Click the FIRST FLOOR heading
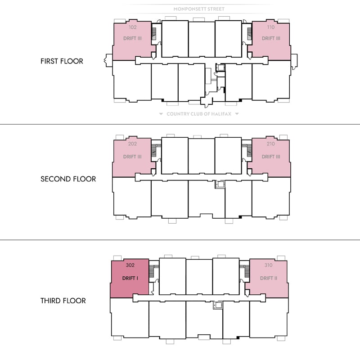[62, 61]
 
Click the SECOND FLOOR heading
[68, 179]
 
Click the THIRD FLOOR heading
[63, 301]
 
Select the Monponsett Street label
[199, 9]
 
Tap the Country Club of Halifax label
[199, 114]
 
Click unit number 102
[132, 27]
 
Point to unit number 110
[271, 27]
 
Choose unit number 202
[132, 144]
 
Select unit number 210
[271, 144]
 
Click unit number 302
[130, 265]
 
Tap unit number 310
[268, 265]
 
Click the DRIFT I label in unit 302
[130, 278]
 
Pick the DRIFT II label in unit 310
[269, 278]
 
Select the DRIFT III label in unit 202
[132, 157]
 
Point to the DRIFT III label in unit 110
[271, 38]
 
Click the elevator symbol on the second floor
[220, 184]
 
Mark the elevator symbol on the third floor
[218, 306]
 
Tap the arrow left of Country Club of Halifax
[161, 114]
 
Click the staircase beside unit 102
[154, 34]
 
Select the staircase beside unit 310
[247, 271]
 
